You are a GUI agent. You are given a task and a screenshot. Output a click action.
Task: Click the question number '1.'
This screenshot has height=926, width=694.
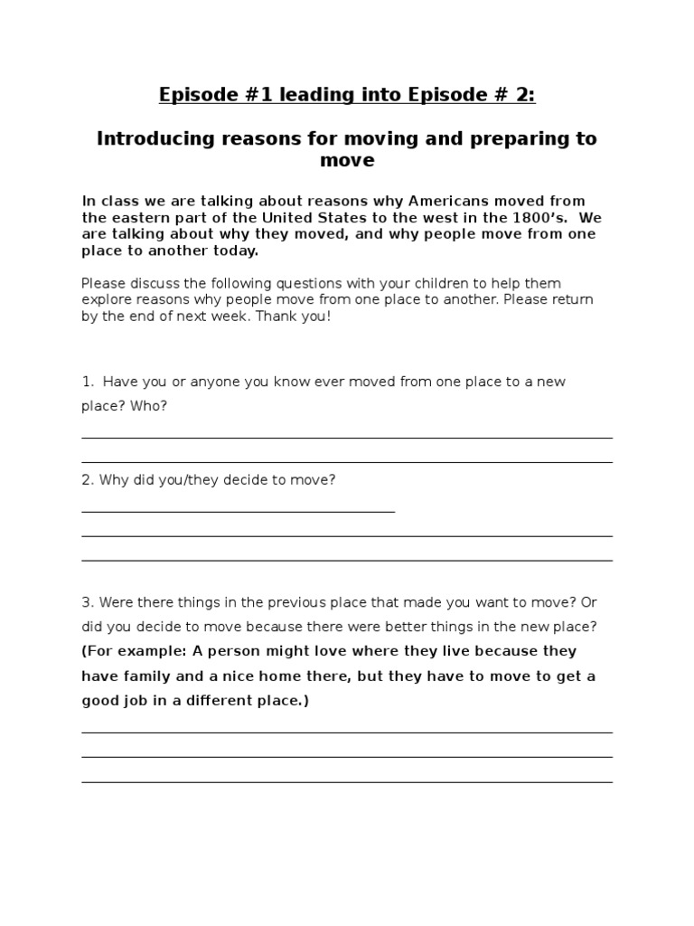click(x=88, y=382)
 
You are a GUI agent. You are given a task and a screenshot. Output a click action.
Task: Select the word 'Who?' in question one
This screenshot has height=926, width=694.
click(x=149, y=406)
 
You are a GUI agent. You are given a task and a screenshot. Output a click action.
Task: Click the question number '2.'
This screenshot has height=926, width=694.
click(x=88, y=480)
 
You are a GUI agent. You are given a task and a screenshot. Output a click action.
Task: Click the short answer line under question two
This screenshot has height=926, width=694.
click(x=239, y=512)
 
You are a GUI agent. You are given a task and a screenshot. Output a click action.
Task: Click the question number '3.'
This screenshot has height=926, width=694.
click(x=88, y=602)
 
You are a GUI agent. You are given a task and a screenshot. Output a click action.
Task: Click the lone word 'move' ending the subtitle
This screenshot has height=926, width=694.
click(x=347, y=161)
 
